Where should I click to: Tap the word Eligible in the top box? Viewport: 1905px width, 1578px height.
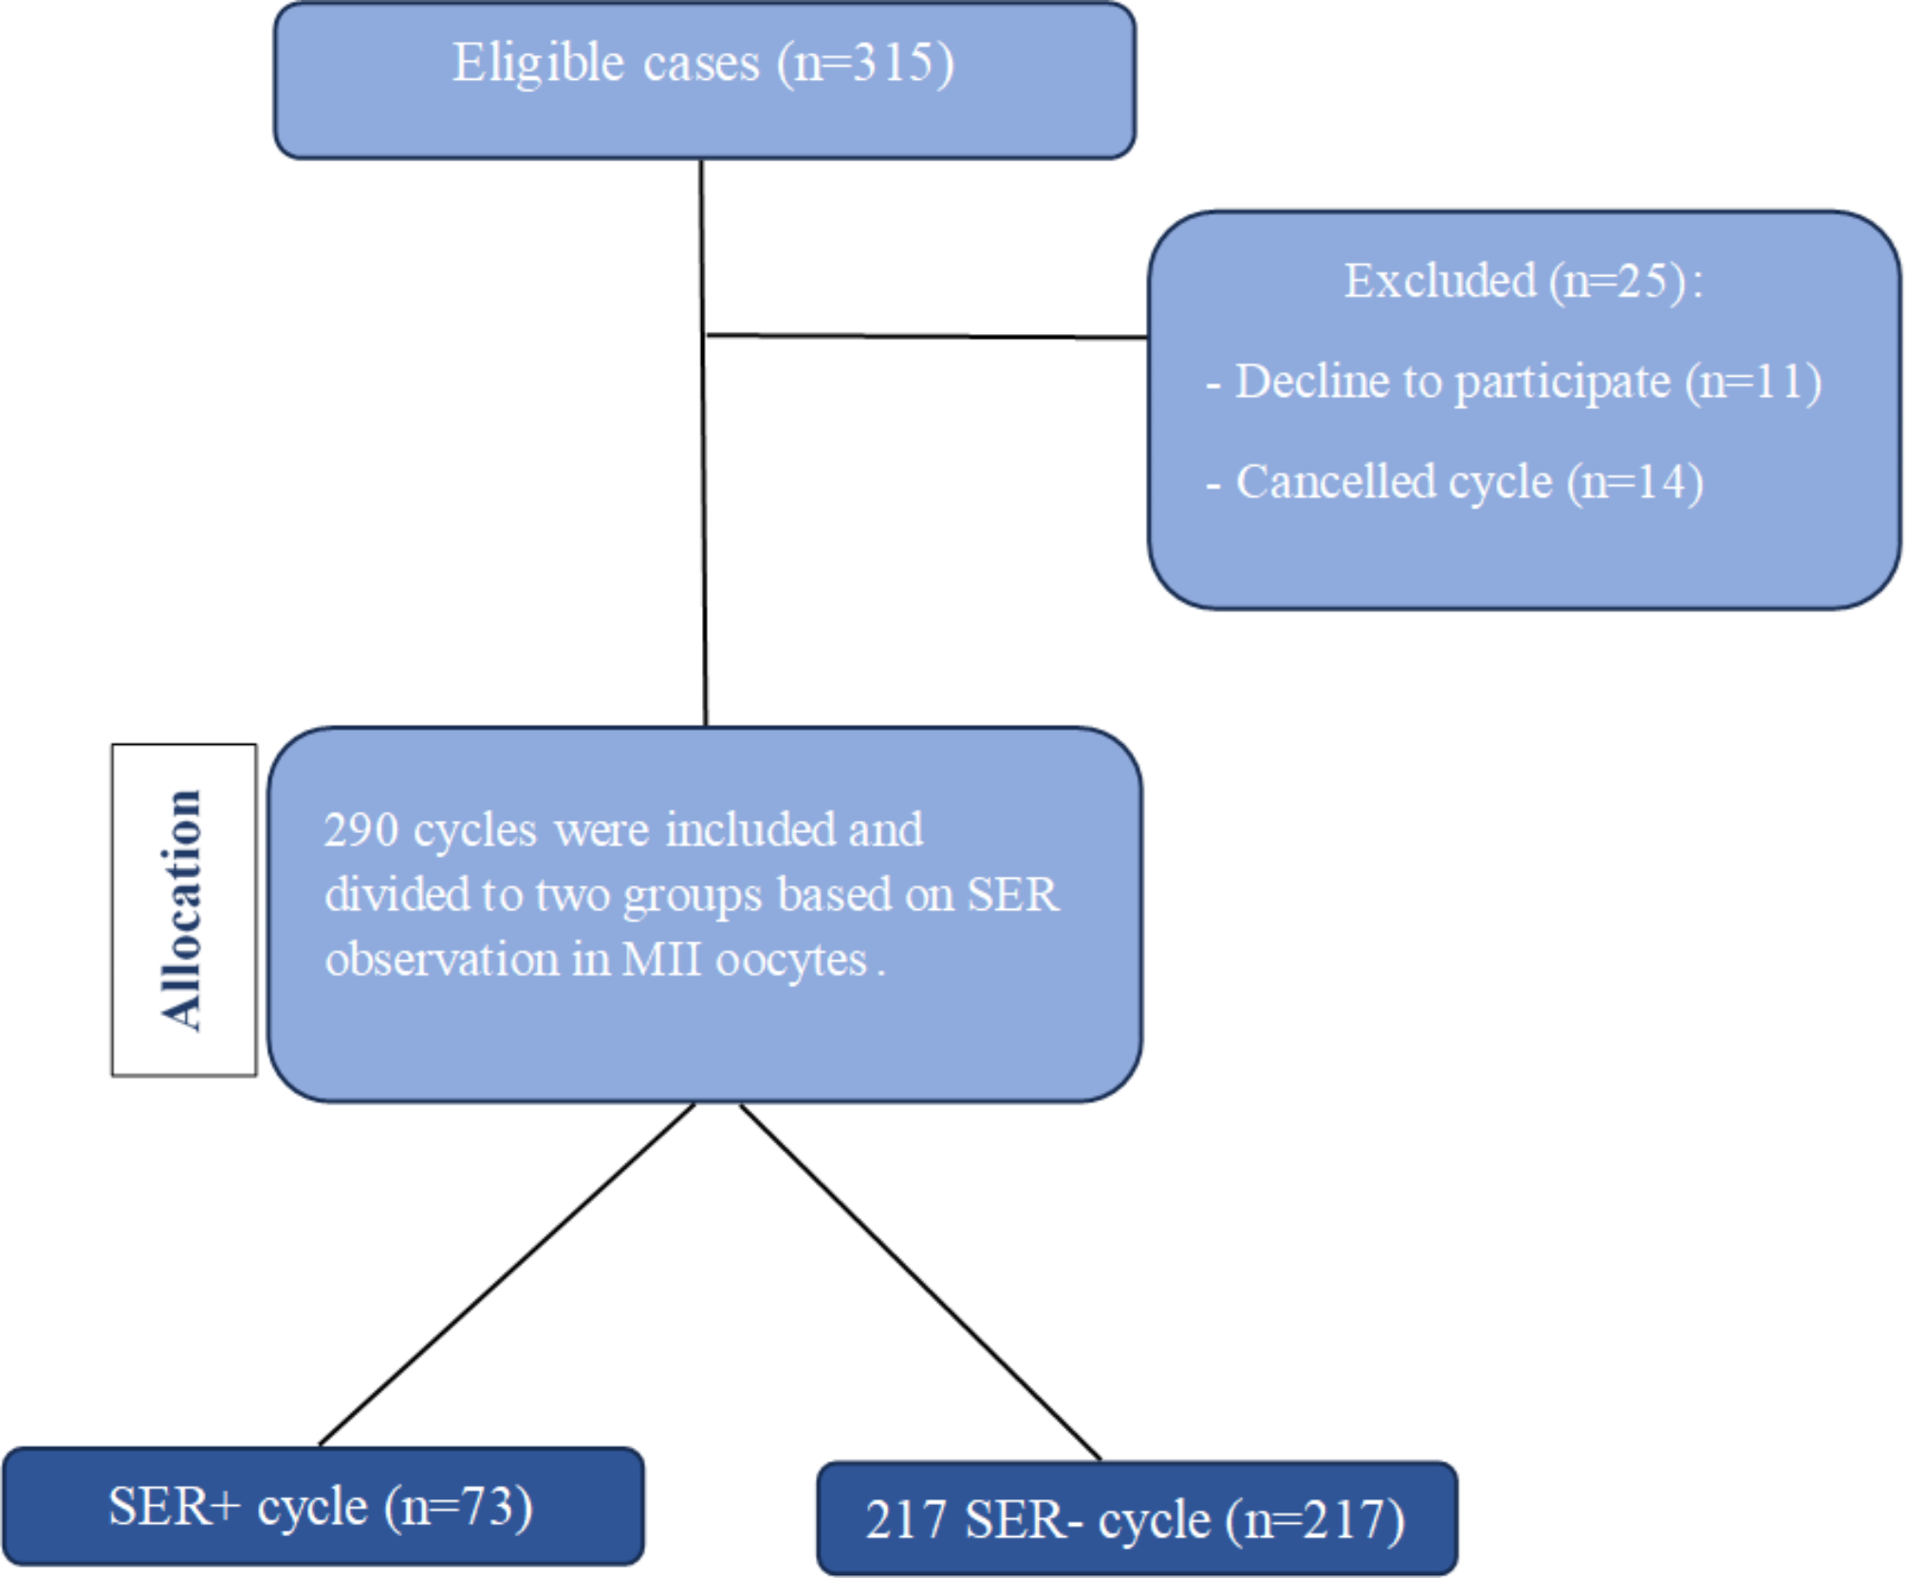(x=538, y=65)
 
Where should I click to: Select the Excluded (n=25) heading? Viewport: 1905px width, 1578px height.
(x=1524, y=281)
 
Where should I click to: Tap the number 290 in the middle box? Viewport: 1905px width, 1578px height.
(x=361, y=830)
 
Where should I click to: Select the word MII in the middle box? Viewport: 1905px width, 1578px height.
(x=663, y=959)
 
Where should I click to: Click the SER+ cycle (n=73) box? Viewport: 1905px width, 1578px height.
(x=323, y=1506)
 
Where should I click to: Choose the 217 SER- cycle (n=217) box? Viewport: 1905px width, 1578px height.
(x=1136, y=1519)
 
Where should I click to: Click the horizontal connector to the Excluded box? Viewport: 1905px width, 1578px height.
(x=926, y=336)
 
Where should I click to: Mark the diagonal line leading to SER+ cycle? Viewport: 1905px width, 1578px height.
(x=508, y=1273)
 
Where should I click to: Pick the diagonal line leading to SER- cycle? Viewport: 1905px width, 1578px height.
(x=920, y=1281)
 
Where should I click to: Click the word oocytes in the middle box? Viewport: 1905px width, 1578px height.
(x=791, y=960)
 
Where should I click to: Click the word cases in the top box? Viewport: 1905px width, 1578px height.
(x=701, y=65)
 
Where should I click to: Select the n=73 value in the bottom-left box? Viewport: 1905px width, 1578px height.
(x=458, y=1506)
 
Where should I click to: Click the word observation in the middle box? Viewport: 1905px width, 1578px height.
(x=442, y=959)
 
